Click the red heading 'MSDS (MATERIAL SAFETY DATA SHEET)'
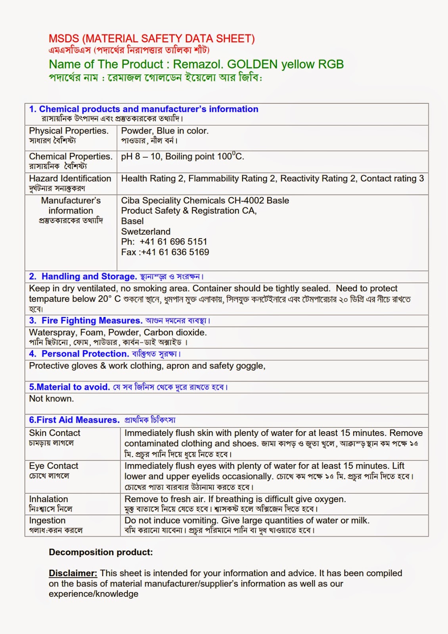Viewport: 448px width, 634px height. (151, 39)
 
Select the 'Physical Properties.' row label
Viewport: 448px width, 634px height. (68, 131)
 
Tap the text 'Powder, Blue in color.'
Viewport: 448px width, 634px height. (165, 131)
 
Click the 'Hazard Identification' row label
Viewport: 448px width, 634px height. (70, 179)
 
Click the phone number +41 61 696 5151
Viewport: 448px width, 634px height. (173, 242)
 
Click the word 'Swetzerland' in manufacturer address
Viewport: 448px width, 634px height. (146, 231)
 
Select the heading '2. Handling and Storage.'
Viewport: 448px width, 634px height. (82, 277)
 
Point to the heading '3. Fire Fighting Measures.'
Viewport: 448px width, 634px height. (85, 321)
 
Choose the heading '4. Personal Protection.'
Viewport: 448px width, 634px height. (79, 354)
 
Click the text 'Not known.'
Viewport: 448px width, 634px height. (51, 399)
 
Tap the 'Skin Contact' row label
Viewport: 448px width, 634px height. (54, 433)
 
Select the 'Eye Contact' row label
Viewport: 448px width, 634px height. (54, 466)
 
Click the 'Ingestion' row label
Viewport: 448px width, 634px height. (47, 521)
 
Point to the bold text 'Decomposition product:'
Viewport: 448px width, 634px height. (101, 552)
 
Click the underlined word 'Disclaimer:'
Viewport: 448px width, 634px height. (73, 573)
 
